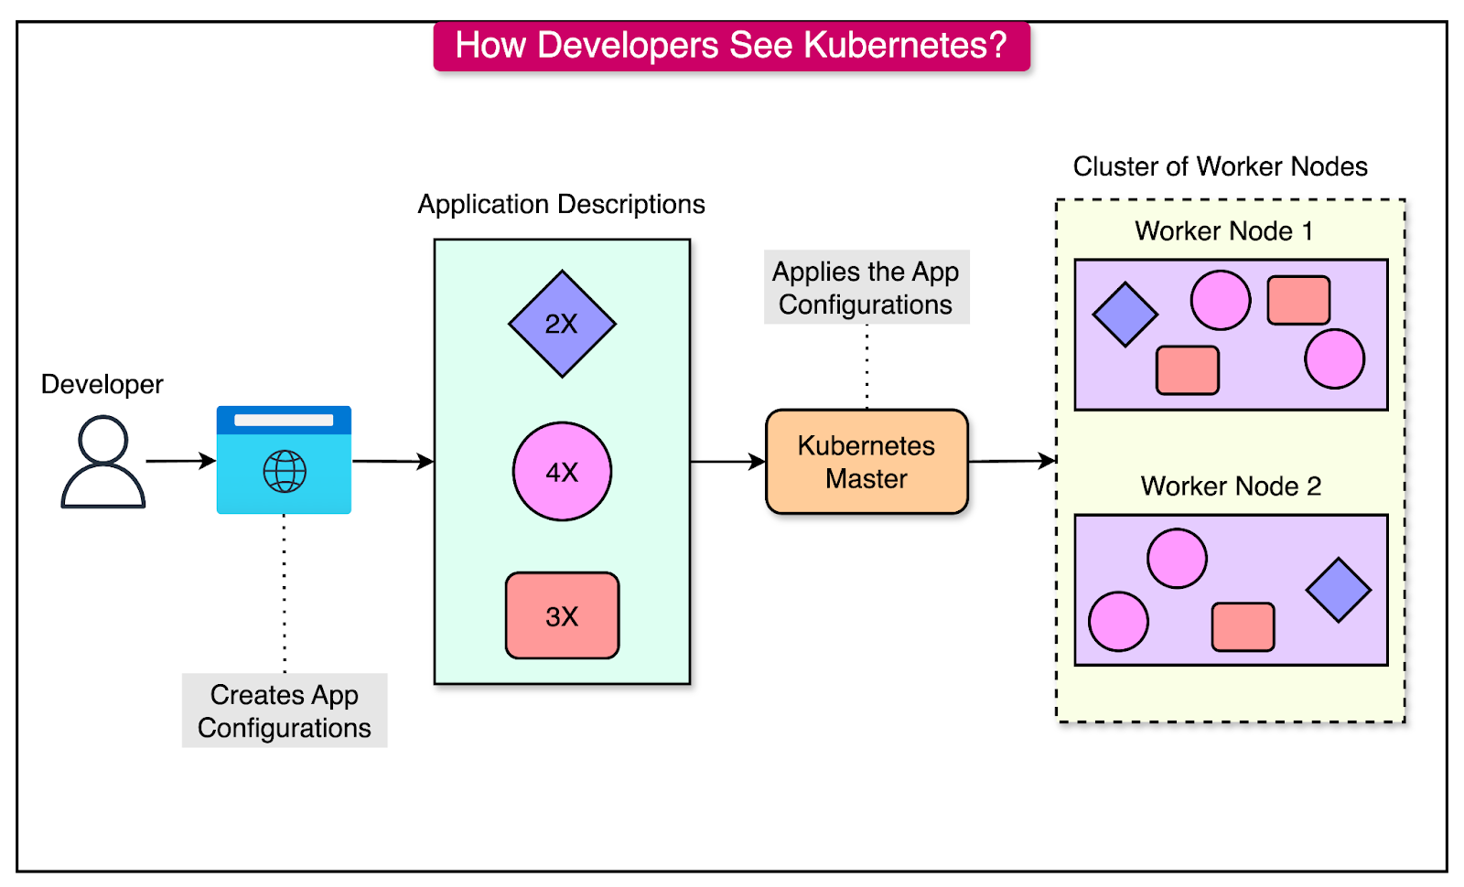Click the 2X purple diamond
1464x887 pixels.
click(562, 324)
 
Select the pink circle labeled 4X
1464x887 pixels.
click(562, 472)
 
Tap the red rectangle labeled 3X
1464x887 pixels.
click(562, 615)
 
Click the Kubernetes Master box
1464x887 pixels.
click(867, 462)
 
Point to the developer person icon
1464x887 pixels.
click(103, 462)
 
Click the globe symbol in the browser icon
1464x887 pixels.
click(285, 472)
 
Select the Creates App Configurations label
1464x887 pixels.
click(285, 711)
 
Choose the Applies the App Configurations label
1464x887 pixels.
click(866, 287)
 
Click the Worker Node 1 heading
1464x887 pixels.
click(1223, 231)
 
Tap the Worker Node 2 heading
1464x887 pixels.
click(1231, 486)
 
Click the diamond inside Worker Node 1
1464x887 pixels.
click(1125, 315)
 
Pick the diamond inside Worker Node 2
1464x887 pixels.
click(1338, 590)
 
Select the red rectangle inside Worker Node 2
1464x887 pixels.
click(1243, 626)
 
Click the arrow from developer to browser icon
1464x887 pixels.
click(181, 461)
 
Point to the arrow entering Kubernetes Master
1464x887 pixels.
click(728, 462)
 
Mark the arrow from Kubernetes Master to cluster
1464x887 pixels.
click(1012, 461)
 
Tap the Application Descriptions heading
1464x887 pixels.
click(561, 204)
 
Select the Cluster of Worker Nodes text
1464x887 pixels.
click(1220, 166)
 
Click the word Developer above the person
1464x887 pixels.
click(102, 384)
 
